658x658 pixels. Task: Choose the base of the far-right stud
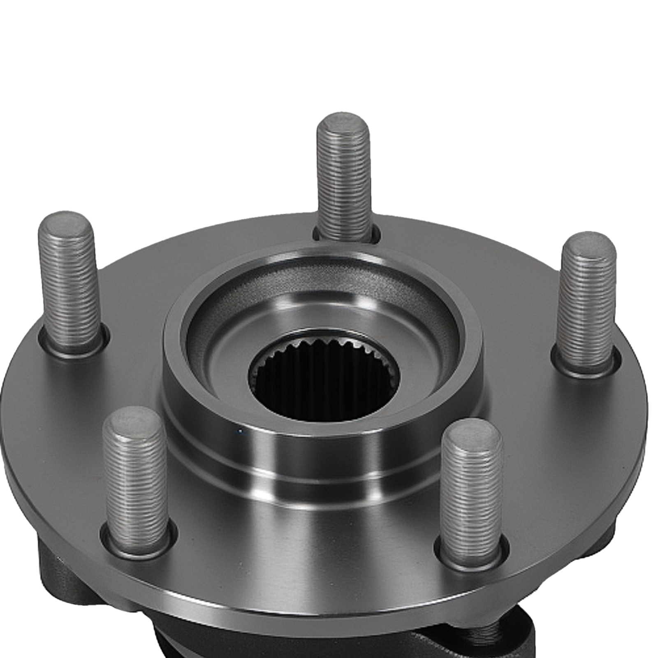tap(584, 366)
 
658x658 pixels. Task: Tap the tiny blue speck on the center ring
tap(240, 431)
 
